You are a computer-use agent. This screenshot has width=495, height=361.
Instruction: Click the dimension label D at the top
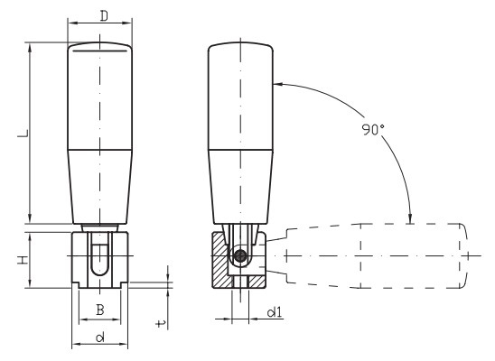[x=104, y=15]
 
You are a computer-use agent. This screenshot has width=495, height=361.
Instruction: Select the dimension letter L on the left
[x=23, y=133]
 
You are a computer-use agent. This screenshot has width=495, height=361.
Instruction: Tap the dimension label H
[x=23, y=261]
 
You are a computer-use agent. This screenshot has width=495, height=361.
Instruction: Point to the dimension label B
[x=100, y=310]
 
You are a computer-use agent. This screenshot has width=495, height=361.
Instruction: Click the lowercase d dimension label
[x=99, y=338]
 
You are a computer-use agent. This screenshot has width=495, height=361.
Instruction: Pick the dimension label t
[x=161, y=323]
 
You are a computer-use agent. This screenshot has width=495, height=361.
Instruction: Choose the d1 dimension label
[x=274, y=312]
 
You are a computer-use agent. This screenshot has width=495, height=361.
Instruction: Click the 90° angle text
[x=373, y=130]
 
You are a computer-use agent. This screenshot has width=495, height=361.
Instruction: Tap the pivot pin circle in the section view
[x=241, y=255]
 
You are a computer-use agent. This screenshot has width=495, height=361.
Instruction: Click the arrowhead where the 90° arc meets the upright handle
[x=278, y=84]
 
